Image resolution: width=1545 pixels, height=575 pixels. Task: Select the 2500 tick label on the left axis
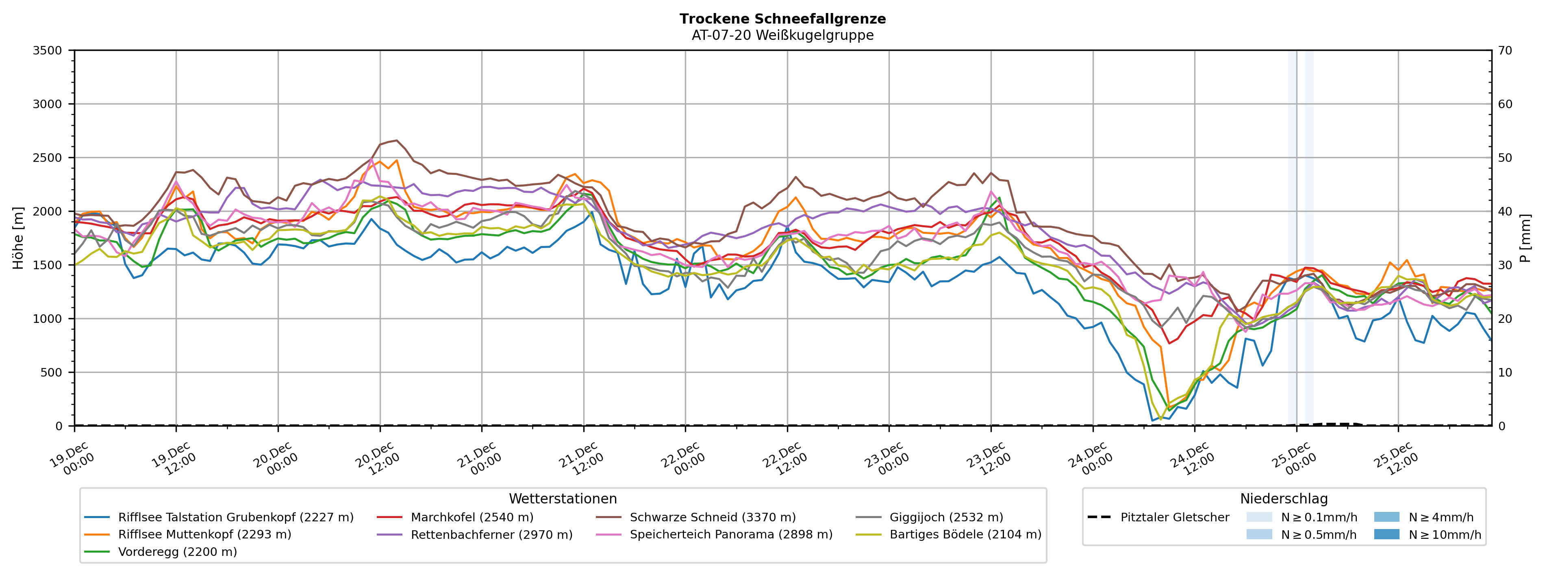click(48, 158)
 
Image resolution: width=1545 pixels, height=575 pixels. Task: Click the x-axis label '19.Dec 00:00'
click(71, 459)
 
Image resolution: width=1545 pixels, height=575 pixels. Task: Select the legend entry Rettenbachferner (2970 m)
click(491, 534)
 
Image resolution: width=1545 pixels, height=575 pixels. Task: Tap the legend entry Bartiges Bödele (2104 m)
click(965, 534)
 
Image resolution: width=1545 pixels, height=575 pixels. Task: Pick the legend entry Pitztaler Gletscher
click(1174, 517)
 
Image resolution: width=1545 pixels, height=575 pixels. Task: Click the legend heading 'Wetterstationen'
click(563, 499)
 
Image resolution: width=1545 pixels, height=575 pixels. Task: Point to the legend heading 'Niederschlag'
click(1284, 499)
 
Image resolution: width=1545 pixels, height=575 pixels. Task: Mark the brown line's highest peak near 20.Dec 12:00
click(396, 140)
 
